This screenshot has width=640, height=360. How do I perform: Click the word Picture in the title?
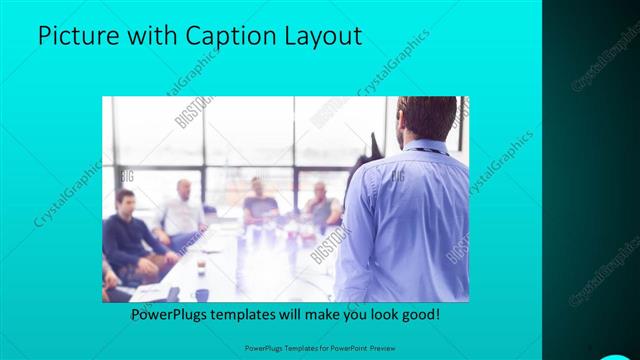79,36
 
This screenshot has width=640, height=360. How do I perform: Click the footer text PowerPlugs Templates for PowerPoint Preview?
320,348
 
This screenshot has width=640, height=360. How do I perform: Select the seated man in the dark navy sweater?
128,235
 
